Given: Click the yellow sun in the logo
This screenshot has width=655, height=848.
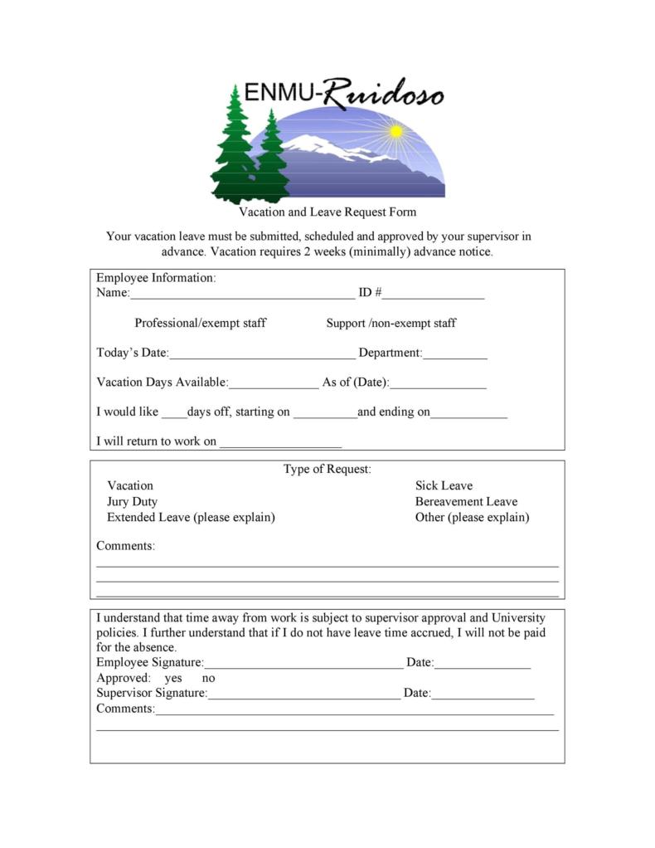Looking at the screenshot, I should pos(396,131).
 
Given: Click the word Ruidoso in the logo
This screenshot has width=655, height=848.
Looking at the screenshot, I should pos(382,94).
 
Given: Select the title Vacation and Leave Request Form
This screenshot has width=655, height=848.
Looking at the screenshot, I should pos(327,212).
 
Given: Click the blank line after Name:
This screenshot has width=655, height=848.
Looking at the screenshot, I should pos(242,294).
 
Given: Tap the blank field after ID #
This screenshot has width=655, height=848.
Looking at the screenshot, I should pos(433,294).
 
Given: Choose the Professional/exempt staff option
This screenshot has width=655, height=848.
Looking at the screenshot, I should pos(201,323).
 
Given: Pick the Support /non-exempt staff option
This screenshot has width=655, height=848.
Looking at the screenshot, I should pos(391,323).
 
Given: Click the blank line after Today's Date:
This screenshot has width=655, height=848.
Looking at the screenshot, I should pos(262,353).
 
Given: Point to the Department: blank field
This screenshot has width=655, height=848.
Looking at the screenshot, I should pos(455,353).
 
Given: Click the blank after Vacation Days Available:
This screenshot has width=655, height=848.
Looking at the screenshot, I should pos(273,383).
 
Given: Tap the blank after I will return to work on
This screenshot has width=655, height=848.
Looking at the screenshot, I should pos(280,442).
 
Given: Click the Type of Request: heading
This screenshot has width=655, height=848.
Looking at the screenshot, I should pos(327,469).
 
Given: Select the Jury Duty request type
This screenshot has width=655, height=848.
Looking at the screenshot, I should pos(132,501).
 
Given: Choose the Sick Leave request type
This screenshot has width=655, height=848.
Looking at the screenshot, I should pos(444,485).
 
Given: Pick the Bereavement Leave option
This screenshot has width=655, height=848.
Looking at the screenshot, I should pos(466,501).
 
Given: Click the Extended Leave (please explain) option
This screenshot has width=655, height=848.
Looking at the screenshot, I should pos(191,517).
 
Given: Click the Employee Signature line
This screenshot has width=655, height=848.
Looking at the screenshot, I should pos(303,663).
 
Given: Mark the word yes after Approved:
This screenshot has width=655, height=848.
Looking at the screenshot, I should pos(173,678).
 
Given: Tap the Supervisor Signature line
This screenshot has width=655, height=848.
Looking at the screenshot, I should pos(304,694).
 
